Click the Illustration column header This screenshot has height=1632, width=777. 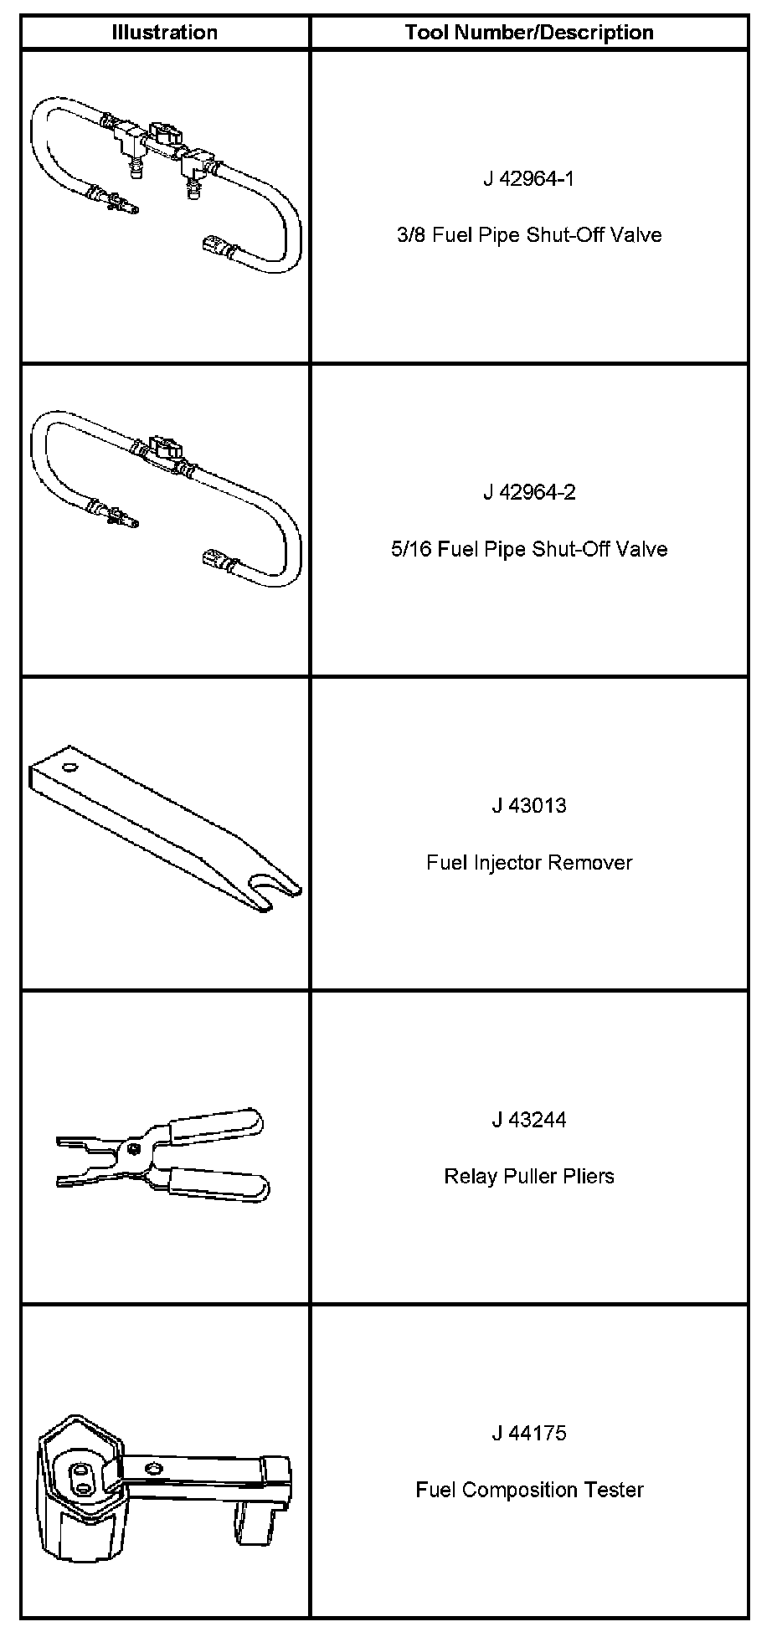click(x=165, y=33)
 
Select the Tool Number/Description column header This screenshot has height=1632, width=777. click(x=529, y=33)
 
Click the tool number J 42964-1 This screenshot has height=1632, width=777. click(x=529, y=178)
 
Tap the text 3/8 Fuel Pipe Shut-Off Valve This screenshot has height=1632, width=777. click(x=529, y=235)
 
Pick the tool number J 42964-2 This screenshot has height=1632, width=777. click(x=529, y=492)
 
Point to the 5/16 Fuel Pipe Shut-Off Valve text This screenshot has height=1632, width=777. click(x=529, y=549)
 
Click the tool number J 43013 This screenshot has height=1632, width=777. click(x=529, y=805)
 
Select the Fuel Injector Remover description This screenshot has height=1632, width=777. click(x=529, y=862)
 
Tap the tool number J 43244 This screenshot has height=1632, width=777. click(x=529, y=1119)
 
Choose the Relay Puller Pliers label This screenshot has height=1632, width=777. click(x=529, y=1176)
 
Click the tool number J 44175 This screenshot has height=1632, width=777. click(x=529, y=1433)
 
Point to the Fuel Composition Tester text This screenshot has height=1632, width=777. click(x=529, y=1490)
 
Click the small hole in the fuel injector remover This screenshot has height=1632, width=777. click(x=68, y=767)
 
